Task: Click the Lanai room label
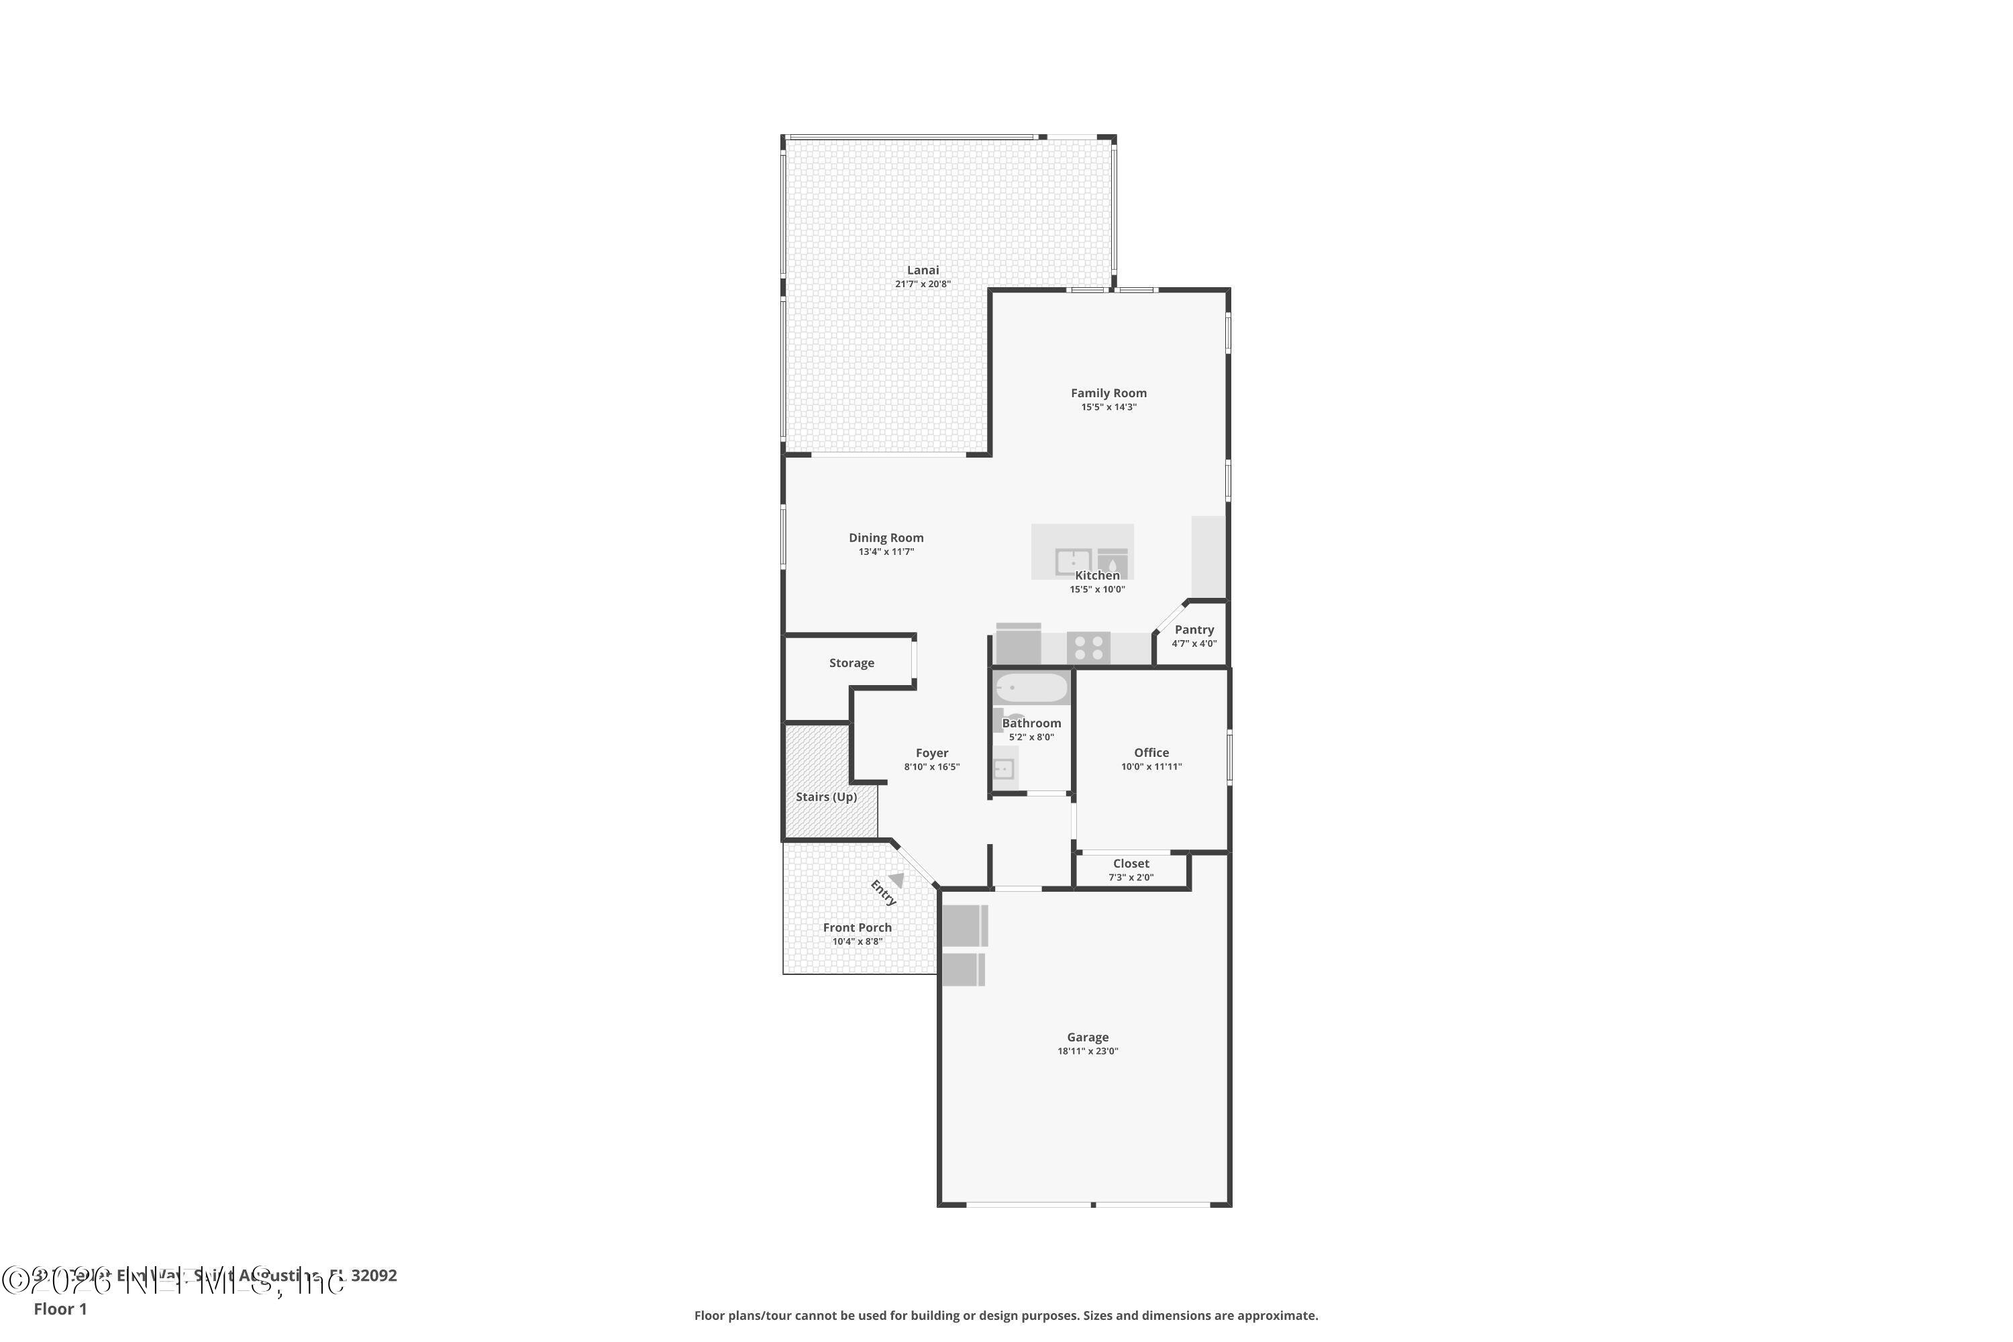pos(923,270)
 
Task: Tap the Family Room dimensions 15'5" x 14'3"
pos(1108,407)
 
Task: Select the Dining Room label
pos(886,538)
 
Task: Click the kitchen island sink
pos(1072,562)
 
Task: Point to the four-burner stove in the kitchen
pos(1088,648)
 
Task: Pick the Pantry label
pos(1194,630)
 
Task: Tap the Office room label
pos(1151,753)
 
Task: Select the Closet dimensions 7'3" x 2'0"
pos(1131,877)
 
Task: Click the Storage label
pos(851,664)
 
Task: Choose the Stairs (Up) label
pos(826,797)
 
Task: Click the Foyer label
pos(932,753)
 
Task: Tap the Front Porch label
pos(857,928)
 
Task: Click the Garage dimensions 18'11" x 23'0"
pos(1087,1051)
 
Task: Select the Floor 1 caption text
pos(60,1308)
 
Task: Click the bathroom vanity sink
pos(1003,768)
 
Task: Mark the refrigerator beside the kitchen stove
pos(1019,646)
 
